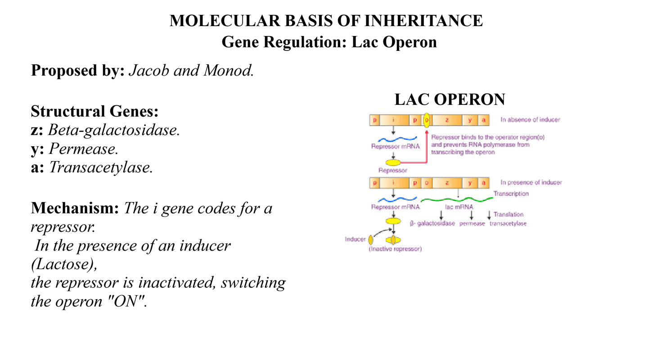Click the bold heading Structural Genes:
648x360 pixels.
tap(94, 111)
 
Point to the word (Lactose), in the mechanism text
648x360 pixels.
tap(64, 265)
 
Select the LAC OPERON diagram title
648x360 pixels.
tap(450, 99)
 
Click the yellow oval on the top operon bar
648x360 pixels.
tap(427, 120)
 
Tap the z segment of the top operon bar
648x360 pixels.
tap(447, 120)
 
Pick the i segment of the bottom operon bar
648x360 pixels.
tap(394, 183)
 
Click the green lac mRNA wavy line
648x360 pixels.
tap(457, 199)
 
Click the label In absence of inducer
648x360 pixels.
tap(530, 120)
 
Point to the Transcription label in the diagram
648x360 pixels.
tap(511, 193)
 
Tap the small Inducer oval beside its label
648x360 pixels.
tap(371, 240)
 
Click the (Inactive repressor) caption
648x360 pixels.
tap(395, 249)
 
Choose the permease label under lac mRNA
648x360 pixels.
tap(472, 223)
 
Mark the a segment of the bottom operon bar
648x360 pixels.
tap(483, 183)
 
